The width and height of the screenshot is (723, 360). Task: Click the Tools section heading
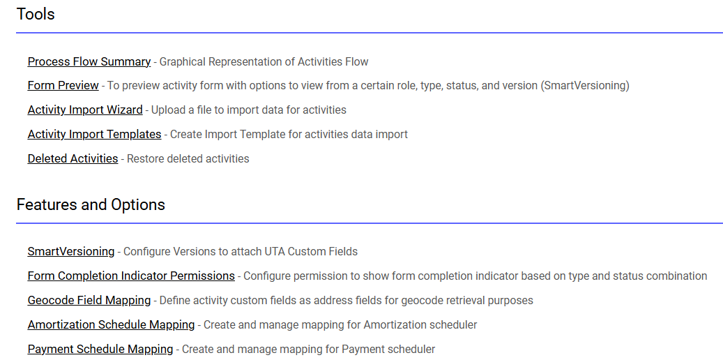[x=36, y=14]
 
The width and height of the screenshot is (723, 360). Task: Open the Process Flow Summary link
[x=89, y=62]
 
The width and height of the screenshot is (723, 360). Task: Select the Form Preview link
[x=63, y=85]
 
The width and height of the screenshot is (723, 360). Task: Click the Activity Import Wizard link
[x=85, y=110]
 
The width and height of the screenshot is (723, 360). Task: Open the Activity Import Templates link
[x=95, y=135]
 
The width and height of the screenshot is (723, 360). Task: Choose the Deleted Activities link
[x=73, y=159]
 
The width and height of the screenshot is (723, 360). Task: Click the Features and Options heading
[x=91, y=204]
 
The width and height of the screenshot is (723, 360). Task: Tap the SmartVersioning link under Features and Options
[x=71, y=252]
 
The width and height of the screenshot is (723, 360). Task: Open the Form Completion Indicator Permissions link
[x=131, y=276]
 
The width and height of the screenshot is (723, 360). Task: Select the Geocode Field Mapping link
[x=89, y=301]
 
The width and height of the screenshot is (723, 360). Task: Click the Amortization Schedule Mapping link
[x=111, y=325]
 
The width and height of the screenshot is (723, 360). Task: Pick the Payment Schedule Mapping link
[x=100, y=350]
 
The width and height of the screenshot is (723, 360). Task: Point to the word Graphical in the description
[x=181, y=62]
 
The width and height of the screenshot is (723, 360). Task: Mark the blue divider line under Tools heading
[x=370, y=33]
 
